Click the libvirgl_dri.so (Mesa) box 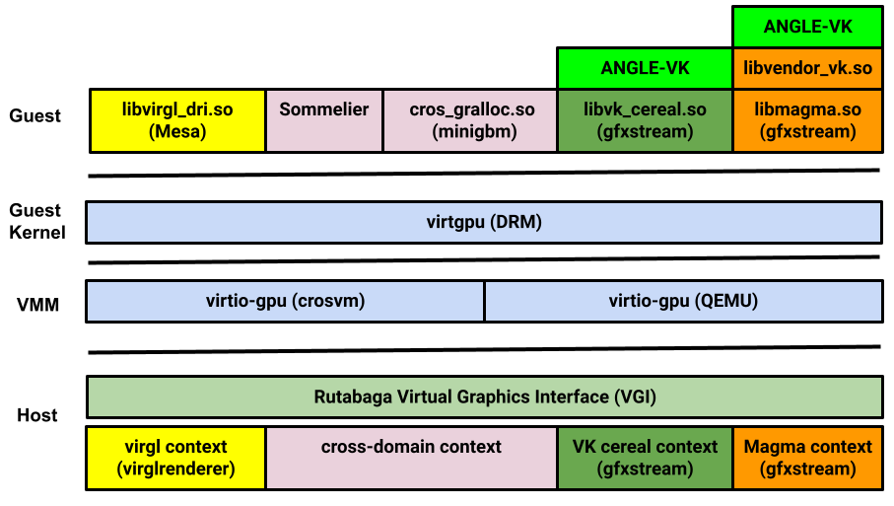tap(177, 120)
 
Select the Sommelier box tap(324, 120)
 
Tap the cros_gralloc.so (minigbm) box tap(470, 120)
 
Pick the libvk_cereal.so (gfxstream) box tap(646, 120)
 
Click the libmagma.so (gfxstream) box tap(807, 120)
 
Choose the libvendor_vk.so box tap(807, 68)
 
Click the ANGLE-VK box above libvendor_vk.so tap(807, 27)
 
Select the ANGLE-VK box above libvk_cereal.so tap(646, 68)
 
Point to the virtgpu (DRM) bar tap(484, 222)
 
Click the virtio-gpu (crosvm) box tap(286, 301)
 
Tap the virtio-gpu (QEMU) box tap(683, 301)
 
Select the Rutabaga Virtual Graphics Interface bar tap(484, 397)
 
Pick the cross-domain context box tap(411, 458)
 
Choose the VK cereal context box tap(646, 458)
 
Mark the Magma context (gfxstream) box tap(807, 458)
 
